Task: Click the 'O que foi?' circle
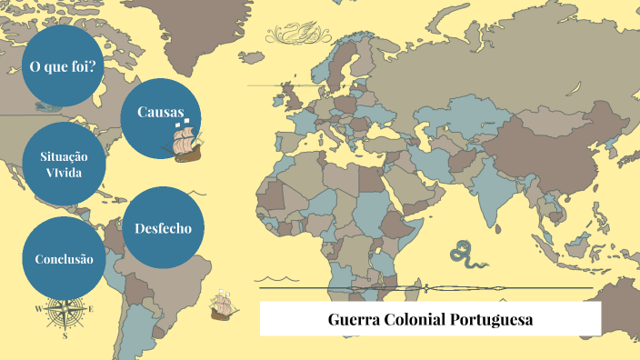coord(63,66)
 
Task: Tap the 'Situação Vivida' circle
coord(63,164)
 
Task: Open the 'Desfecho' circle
coord(163,227)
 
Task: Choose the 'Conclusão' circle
coord(64,259)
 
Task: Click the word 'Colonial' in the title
coord(417,320)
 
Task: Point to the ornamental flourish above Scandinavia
coord(295,36)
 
